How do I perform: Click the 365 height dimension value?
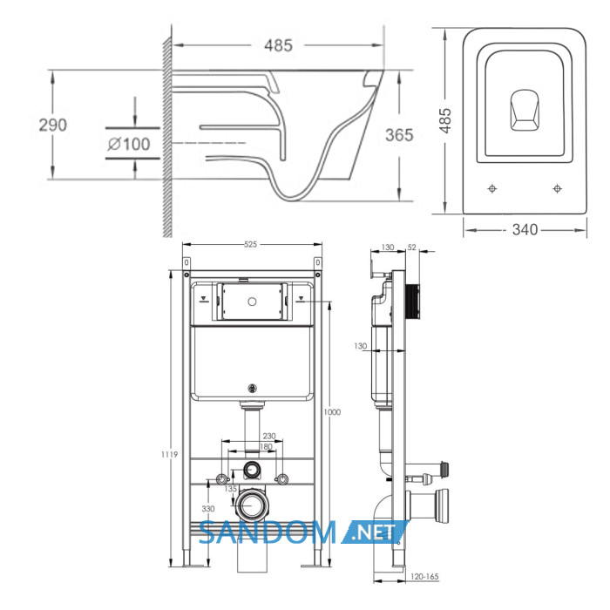[x=399, y=135]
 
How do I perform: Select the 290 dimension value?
[x=53, y=125]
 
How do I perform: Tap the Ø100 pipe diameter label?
[x=129, y=145]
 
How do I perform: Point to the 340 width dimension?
[x=525, y=229]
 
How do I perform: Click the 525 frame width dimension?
[x=251, y=244]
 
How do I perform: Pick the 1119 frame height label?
[x=170, y=454]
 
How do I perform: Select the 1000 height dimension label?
[x=332, y=412]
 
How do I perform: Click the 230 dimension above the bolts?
[x=269, y=436]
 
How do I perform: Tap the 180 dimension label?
[x=266, y=446]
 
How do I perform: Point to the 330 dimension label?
[x=208, y=508]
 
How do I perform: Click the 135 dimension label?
[x=231, y=489]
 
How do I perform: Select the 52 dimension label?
[x=412, y=247]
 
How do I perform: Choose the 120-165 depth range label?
[x=424, y=577]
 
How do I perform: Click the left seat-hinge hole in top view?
[x=492, y=189]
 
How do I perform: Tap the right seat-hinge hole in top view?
[x=557, y=189]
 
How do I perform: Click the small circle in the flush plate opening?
[x=252, y=302]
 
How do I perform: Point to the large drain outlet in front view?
[x=252, y=505]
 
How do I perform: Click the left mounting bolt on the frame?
[x=221, y=479]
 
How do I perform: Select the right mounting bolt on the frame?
[x=281, y=479]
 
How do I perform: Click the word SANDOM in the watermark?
[x=268, y=533]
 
